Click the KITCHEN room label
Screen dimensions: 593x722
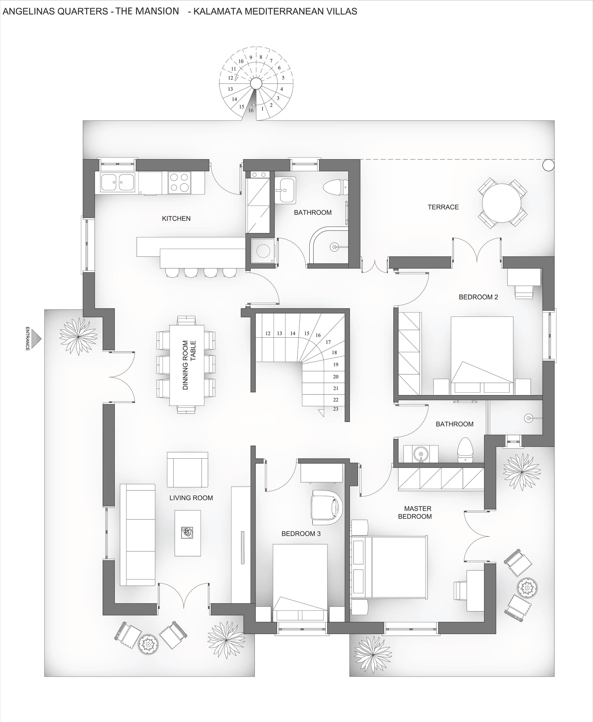point(176,219)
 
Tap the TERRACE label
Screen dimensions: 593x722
point(443,207)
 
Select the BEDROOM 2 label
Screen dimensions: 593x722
point(478,297)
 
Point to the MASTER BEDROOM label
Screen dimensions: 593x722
point(415,512)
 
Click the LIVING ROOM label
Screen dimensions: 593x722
point(191,498)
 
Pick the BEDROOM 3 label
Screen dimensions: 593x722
point(301,533)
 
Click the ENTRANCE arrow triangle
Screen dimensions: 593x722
point(36,339)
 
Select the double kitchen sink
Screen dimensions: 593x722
point(117,183)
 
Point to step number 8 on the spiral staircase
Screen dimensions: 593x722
point(261,57)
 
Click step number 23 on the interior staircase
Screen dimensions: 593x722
point(335,408)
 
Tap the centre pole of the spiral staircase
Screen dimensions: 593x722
point(256,83)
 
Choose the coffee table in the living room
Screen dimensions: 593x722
point(188,533)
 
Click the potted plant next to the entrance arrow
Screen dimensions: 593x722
point(78,337)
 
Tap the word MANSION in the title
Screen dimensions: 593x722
point(157,11)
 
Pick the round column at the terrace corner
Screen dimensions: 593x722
point(548,165)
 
